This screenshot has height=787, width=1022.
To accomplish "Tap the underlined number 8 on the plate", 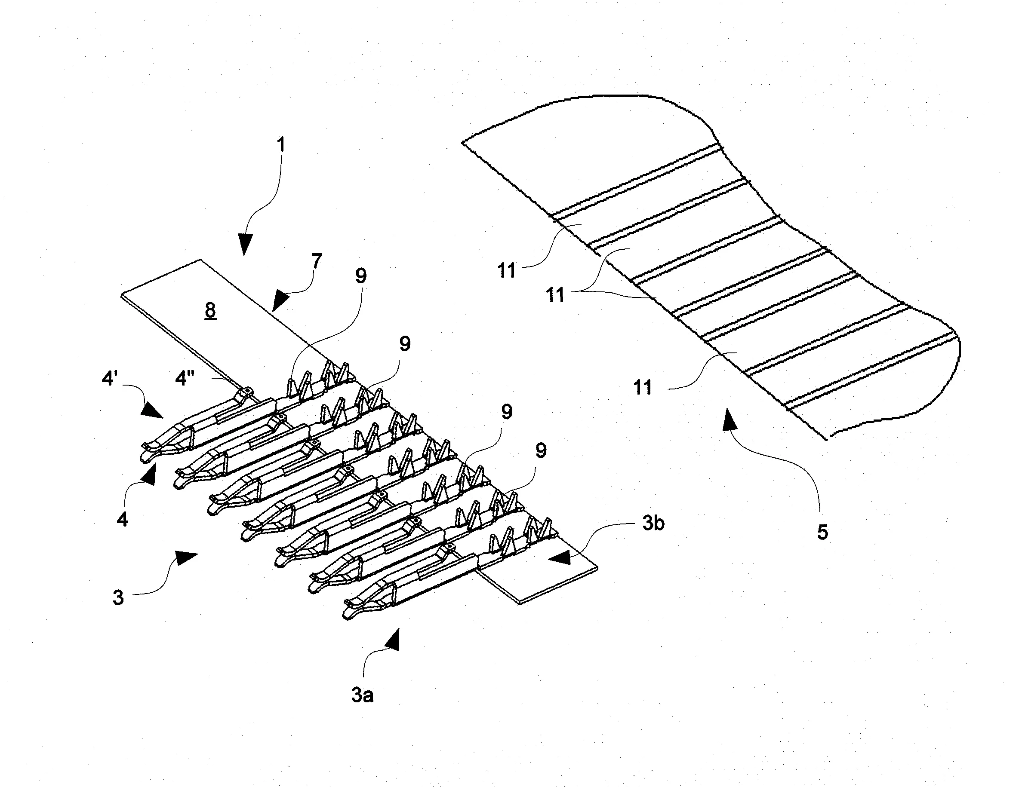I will click(x=211, y=310).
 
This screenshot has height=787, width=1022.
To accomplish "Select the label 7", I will click(x=317, y=262).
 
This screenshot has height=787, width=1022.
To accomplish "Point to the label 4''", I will click(x=185, y=378).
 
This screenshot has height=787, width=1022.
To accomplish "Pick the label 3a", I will click(x=362, y=695).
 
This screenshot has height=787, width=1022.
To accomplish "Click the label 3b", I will click(x=653, y=524).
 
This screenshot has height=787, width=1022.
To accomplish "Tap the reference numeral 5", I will click(x=822, y=532).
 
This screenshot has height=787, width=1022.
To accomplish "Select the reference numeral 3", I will click(x=118, y=597).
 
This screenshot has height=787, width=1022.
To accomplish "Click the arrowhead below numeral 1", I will click(x=244, y=244).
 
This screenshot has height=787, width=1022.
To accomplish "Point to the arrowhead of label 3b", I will click(x=560, y=557).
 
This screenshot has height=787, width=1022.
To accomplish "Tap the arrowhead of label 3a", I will click(x=392, y=640).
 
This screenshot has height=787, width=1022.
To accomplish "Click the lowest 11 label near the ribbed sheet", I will click(x=643, y=387).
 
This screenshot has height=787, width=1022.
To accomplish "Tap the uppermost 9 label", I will click(x=361, y=276).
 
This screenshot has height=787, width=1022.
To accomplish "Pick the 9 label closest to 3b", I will click(x=541, y=450).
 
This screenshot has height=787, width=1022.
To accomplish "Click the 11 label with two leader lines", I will click(x=555, y=295).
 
